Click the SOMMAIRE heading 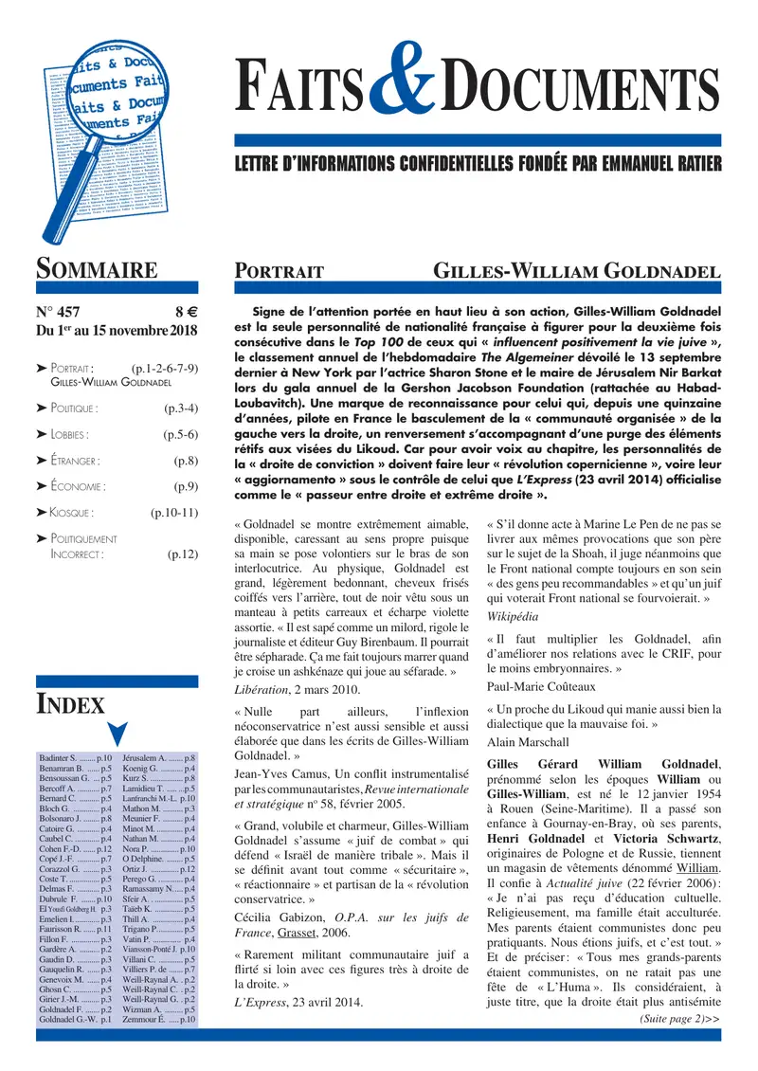97,270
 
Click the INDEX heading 70,704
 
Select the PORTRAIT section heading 280,273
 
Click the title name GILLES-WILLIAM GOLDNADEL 576,273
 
